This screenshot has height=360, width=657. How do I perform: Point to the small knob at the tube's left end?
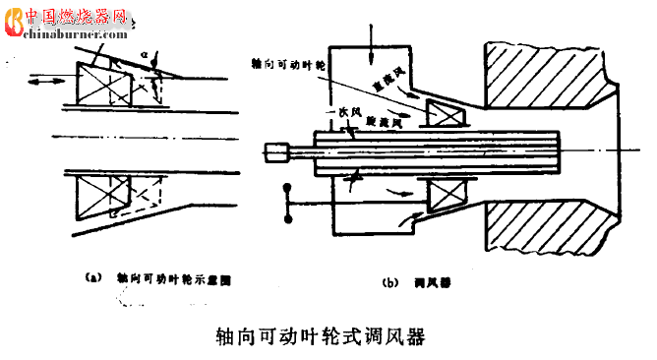pos(276,151)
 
